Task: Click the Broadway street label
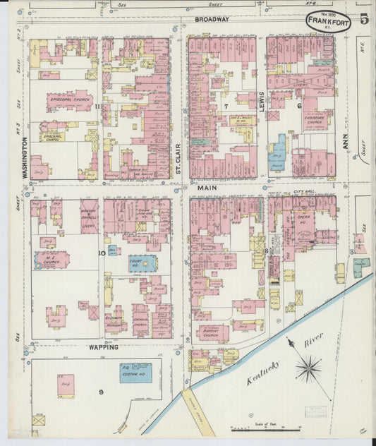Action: (212, 19)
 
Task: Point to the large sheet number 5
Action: (363, 19)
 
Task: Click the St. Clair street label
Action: (179, 159)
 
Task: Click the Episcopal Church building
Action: (69, 101)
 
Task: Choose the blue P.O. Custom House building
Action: (135, 372)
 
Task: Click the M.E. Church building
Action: (52, 260)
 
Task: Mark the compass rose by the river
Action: (308, 367)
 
